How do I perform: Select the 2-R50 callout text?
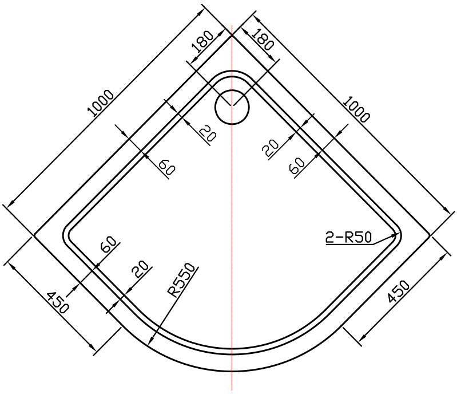click(348, 238)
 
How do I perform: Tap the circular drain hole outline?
click(232, 107)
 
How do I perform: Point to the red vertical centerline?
click(232, 208)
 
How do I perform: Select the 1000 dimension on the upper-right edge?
click(357, 109)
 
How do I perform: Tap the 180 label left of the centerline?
click(202, 41)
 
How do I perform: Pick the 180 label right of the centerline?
click(263, 40)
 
